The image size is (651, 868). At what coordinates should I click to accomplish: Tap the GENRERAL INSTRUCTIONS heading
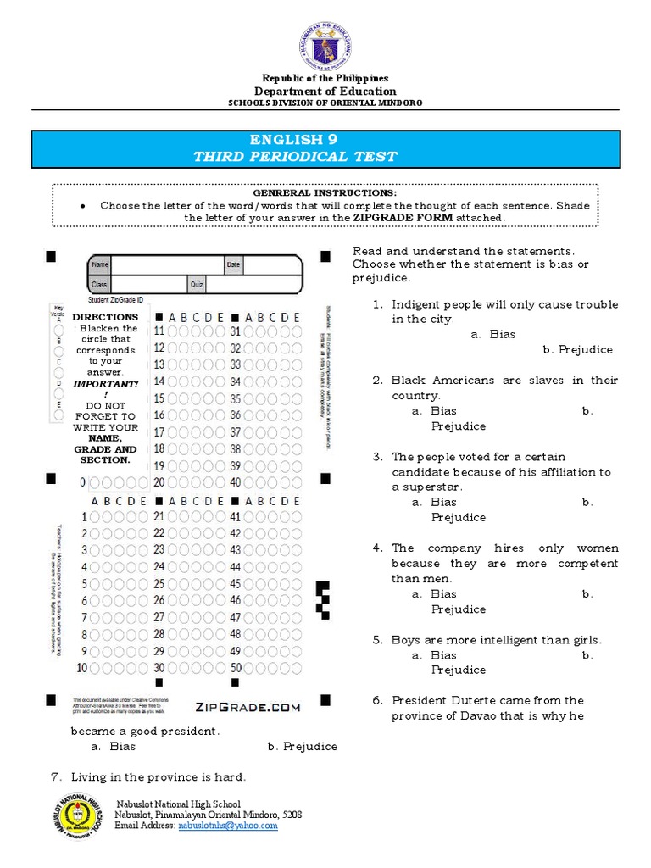(325, 193)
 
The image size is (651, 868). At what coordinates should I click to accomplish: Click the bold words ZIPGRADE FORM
(403, 218)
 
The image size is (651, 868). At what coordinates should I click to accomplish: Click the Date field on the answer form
(261, 265)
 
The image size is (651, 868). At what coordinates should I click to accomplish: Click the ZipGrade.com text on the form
(248, 707)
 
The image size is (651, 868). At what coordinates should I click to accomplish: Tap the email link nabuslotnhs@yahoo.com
(227, 825)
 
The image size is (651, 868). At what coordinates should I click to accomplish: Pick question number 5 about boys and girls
(496, 640)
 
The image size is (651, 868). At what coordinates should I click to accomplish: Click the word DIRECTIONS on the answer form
(104, 316)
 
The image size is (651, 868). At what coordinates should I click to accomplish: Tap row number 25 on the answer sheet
(159, 583)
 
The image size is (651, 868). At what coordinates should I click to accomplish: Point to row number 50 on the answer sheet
(236, 667)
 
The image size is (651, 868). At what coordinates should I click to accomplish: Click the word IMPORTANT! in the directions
(104, 384)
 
